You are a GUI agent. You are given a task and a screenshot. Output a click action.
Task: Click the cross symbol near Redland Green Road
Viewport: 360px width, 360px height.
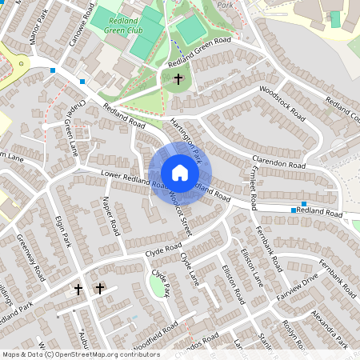pyautogui.click(x=178, y=78)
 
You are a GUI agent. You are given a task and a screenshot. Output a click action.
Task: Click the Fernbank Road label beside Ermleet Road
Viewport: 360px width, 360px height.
pyautogui.click(x=263, y=239)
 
